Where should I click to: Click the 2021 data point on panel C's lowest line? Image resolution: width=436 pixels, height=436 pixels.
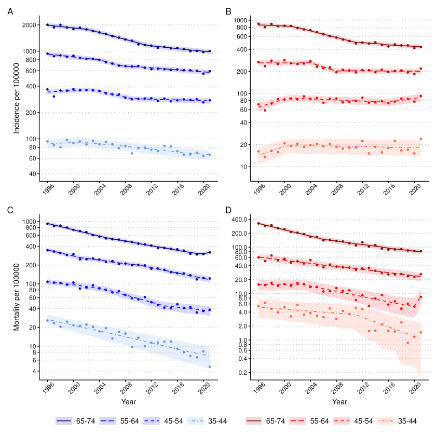click(210, 367)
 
